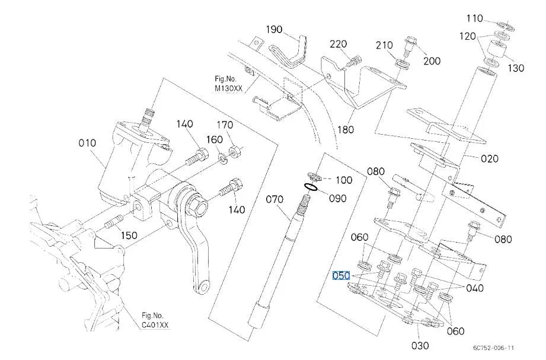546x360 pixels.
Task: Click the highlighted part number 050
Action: click(x=341, y=276)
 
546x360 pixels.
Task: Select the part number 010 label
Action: click(x=87, y=143)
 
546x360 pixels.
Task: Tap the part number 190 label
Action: click(x=274, y=30)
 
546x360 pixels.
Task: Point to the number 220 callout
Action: click(x=339, y=44)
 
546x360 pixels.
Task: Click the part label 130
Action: click(x=516, y=68)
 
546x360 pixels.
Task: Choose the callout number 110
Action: click(x=475, y=18)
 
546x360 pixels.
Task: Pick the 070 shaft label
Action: click(x=274, y=199)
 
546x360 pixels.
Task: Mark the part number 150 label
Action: click(x=129, y=235)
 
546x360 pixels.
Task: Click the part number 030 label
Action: click(x=420, y=346)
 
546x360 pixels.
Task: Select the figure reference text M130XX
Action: click(x=228, y=88)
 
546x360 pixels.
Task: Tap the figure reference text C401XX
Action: click(x=155, y=325)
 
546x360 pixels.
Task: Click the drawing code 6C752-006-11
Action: click(x=493, y=348)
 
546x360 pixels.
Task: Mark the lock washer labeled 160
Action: click(x=222, y=158)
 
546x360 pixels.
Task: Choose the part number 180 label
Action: click(x=346, y=130)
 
